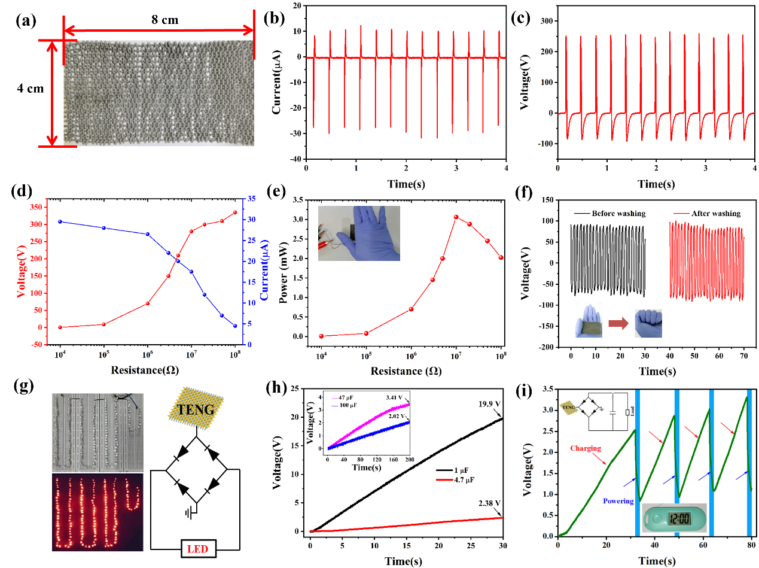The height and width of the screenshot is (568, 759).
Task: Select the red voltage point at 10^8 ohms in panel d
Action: click(235, 212)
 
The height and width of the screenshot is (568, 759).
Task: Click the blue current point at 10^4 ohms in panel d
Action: click(60, 221)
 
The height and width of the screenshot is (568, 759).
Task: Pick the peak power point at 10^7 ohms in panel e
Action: click(456, 217)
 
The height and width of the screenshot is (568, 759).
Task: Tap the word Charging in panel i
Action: click(584, 448)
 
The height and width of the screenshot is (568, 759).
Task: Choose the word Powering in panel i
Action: click(617, 501)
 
